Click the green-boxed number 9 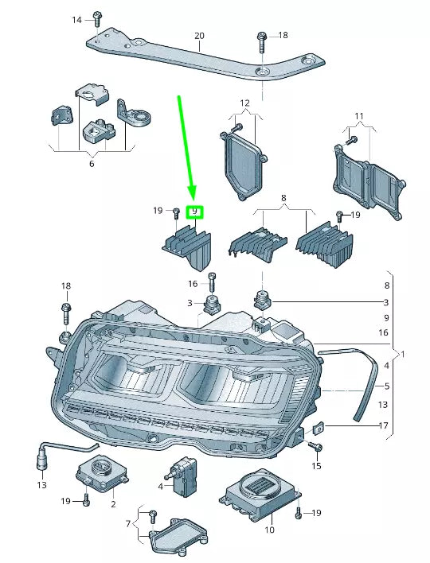(x=193, y=212)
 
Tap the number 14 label (x=77, y=19)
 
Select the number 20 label (x=199, y=36)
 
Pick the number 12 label (x=244, y=103)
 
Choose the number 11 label (x=359, y=117)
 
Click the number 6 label (x=91, y=164)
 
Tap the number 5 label (x=387, y=386)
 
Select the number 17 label (x=384, y=426)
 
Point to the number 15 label (x=317, y=464)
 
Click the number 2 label (x=113, y=504)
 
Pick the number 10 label (x=268, y=529)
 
